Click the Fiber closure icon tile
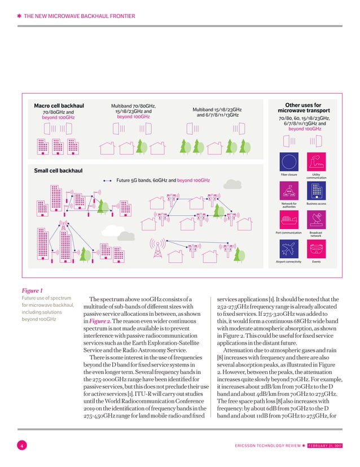click(288, 161)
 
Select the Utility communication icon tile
click(316, 161)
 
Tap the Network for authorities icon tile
click(288, 190)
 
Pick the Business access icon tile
click(316, 190)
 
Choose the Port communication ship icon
click(288, 219)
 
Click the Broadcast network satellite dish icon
click(316, 219)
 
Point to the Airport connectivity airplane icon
click(288, 249)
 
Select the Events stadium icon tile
click(316, 249)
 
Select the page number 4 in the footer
click(21, 447)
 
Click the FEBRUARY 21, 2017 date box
click(328, 447)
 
